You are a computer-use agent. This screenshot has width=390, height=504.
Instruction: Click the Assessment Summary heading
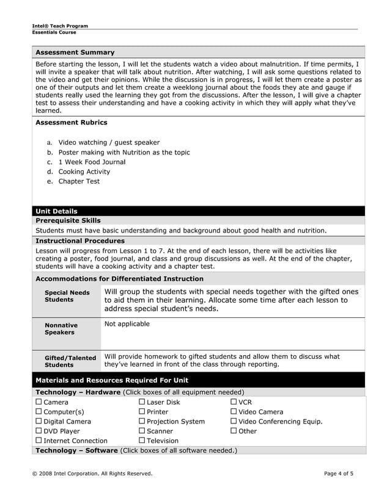75,52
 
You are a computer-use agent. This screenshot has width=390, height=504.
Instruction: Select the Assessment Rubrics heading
71,123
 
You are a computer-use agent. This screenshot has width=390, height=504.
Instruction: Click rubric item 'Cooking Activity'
84,171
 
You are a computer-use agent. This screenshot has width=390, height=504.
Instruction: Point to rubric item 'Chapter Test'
79,181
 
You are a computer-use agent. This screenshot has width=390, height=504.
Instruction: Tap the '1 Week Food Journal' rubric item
92,162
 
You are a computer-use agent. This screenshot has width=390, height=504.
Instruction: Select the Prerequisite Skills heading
68,220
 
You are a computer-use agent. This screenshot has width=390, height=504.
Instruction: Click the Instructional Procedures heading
79,240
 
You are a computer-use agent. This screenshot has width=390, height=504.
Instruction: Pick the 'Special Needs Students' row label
67,296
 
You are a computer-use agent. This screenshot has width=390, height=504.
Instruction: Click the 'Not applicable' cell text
127,324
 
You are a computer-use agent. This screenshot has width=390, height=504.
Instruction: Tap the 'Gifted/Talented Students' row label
70,361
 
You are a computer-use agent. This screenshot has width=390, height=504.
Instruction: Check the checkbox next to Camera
39,402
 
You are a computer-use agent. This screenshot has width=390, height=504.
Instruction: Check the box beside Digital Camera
39,421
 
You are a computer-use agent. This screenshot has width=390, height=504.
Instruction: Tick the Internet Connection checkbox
39,441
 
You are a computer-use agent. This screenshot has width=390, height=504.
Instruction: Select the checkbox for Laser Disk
142,402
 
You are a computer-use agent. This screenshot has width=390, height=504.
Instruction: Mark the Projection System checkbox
142,421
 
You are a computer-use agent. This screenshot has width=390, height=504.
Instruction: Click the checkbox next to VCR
234,402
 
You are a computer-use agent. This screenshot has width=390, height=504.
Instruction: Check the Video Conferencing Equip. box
234,421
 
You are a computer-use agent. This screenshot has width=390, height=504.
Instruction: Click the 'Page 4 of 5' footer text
338,473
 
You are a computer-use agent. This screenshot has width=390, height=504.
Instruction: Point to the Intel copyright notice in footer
92,473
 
